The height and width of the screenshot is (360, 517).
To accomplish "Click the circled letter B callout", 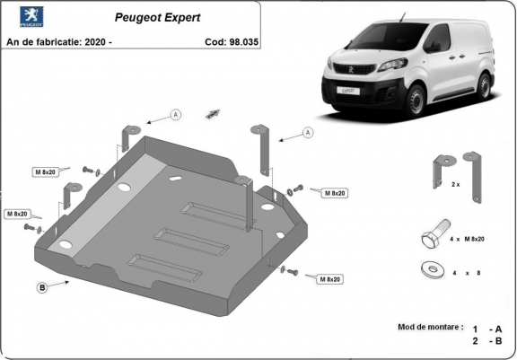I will (42, 287).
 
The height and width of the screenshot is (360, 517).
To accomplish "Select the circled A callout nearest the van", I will (308, 133).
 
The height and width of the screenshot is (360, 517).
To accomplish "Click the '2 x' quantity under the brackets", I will (455, 184).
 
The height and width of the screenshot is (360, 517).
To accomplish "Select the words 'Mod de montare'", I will (429, 327).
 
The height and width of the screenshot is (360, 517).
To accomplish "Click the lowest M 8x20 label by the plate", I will (329, 280).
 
